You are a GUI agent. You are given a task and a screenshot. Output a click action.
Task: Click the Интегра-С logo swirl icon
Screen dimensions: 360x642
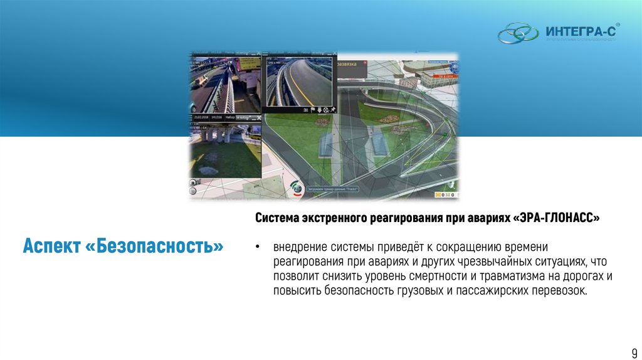[x=518, y=33]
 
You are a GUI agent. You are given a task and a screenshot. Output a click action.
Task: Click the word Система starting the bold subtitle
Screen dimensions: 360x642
[x=277, y=218]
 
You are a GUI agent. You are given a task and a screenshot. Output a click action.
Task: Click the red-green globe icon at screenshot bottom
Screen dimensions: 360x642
[x=297, y=188]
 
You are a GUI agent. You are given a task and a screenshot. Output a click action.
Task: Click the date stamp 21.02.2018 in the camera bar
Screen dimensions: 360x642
[x=201, y=117]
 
